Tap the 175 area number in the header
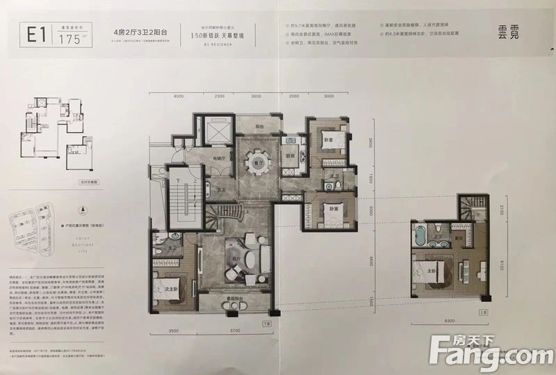point(67,38)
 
